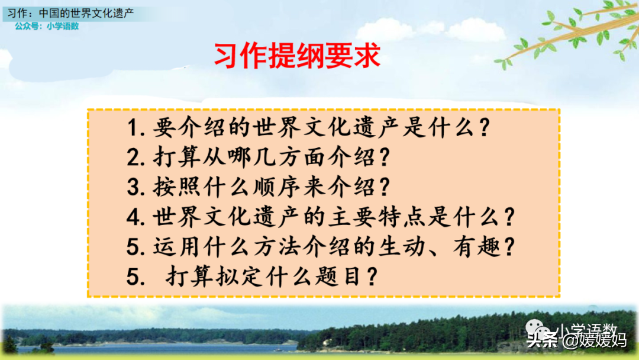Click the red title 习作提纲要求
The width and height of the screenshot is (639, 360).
[x=297, y=56]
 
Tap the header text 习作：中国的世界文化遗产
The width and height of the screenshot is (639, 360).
[x=70, y=13]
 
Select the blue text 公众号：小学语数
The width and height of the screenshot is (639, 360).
[x=47, y=26]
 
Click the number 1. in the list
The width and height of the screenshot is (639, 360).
[x=136, y=128]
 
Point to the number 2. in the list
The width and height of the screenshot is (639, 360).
[x=136, y=157]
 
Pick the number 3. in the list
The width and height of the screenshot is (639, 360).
[x=136, y=187]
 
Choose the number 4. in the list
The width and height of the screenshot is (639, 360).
[x=136, y=217]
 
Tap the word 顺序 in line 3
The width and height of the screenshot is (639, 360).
[x=277, y=187]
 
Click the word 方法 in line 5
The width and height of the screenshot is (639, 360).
[x=277, y=247]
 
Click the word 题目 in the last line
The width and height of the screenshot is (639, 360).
[x=338, y=277]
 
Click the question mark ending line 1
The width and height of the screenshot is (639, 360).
[x=484, y=127]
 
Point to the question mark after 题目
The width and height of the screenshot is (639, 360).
[x=372, y=277]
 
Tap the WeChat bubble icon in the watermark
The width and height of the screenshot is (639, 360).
[x=539, y=329]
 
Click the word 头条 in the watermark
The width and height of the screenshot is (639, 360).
[x=542, y=340]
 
